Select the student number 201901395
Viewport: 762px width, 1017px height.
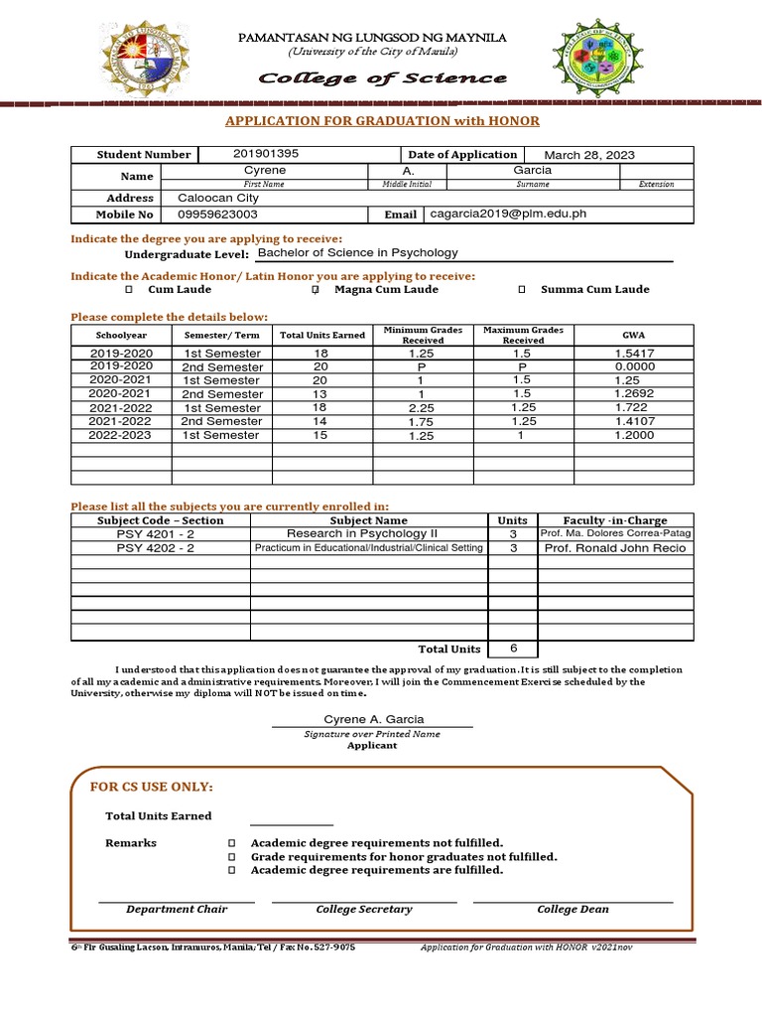[x=265, y=154]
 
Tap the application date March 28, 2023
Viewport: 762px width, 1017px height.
[x=589, y=155]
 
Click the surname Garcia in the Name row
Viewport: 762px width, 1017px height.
[x=533, y=170]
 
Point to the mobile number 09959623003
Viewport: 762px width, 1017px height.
[x=217, y=214]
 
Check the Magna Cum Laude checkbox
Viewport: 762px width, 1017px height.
[x=315, y=290]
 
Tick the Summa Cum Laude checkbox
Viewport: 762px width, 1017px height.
[x=522, y=290]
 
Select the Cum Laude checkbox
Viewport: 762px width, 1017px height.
[x=128, y=290]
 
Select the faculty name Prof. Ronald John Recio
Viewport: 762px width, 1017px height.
[x=613, y=548]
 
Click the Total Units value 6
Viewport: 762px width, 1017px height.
[x=513, y=649]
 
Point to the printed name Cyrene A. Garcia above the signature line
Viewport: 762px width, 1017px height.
[x=373, y=719]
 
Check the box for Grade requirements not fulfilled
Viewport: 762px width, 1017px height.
[x=232, y=856]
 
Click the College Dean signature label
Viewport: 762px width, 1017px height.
[x=572, y=909]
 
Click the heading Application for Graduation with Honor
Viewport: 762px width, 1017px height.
[x=382, y=120]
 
